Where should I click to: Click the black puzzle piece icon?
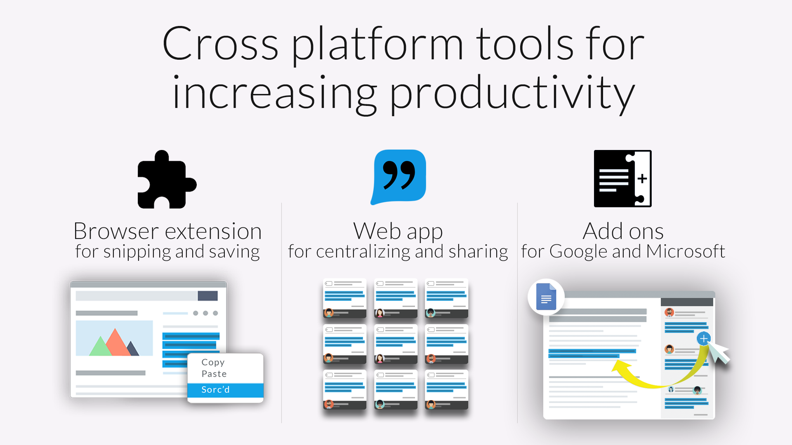coord(167,180)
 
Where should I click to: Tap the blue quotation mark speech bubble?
coord(398,177)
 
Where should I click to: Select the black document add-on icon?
coord(622,178)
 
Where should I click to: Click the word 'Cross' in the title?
coord(221,44)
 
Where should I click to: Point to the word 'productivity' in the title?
coord(512,94)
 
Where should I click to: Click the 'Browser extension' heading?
coord(167,231)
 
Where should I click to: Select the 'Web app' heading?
coord(398,232)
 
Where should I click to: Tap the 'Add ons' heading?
coord(623,231)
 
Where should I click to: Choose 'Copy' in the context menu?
coord(213,362)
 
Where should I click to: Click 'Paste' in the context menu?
coord(214,374)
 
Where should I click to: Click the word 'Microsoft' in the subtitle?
coord(686,251)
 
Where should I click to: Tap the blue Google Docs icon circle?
coord(546,297)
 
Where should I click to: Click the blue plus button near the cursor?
coord(704,339)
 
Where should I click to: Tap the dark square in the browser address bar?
coord(207,296)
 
